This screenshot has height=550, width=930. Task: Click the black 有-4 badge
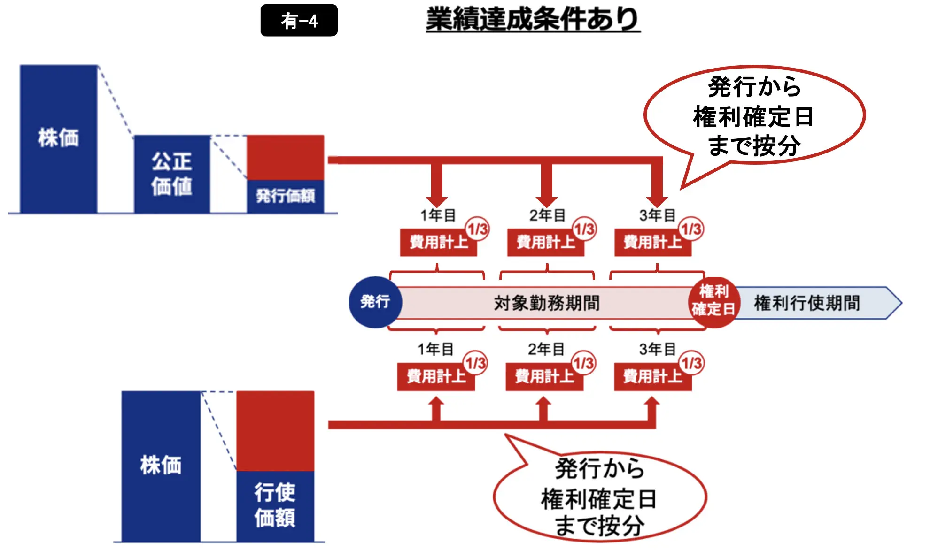pyautogui.click(x=299, y=21)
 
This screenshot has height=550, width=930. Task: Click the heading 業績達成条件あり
pyautogui.click(x=533, y=20)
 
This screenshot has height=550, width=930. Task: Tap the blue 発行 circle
pyautogui.click(x=375, y=302)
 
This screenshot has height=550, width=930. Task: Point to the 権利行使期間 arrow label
pyautogui.click(x=806, y=303)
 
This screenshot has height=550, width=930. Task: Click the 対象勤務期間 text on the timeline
pyautogui.click(x=547, y=303)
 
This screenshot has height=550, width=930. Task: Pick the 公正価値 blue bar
pyautogui.click(x=172, y=174)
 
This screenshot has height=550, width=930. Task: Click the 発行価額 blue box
pyautogui.click(x=285, y=196)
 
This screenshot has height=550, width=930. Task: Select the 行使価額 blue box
pyautogui.click(x=275, y=505)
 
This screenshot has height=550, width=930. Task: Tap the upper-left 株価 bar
pyautogui.click(x=58, y=138)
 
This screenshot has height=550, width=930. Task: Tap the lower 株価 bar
pyautogui.click(x=161, y=466)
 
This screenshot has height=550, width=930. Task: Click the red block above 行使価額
pyautogui.click(x=275, y=431)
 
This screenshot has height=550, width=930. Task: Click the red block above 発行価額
pyautogui.click(x=285, y=158)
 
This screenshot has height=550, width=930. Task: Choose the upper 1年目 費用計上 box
pyautogui.click(x=438, y=243)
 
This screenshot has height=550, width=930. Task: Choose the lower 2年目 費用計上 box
pyautogui.click(x=544, y=377)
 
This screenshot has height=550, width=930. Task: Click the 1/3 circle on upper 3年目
pyautogui.click(x=691, y=229)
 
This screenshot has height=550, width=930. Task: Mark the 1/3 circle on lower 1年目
pyautogui.click(x=476, y=363)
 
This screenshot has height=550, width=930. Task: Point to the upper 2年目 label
pyautogui.click(x=547, y=215)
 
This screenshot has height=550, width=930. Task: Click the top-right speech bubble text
pyautogui.click(x=754, y=116)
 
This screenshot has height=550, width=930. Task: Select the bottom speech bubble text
pyautogui.click(x=599, y=497)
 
